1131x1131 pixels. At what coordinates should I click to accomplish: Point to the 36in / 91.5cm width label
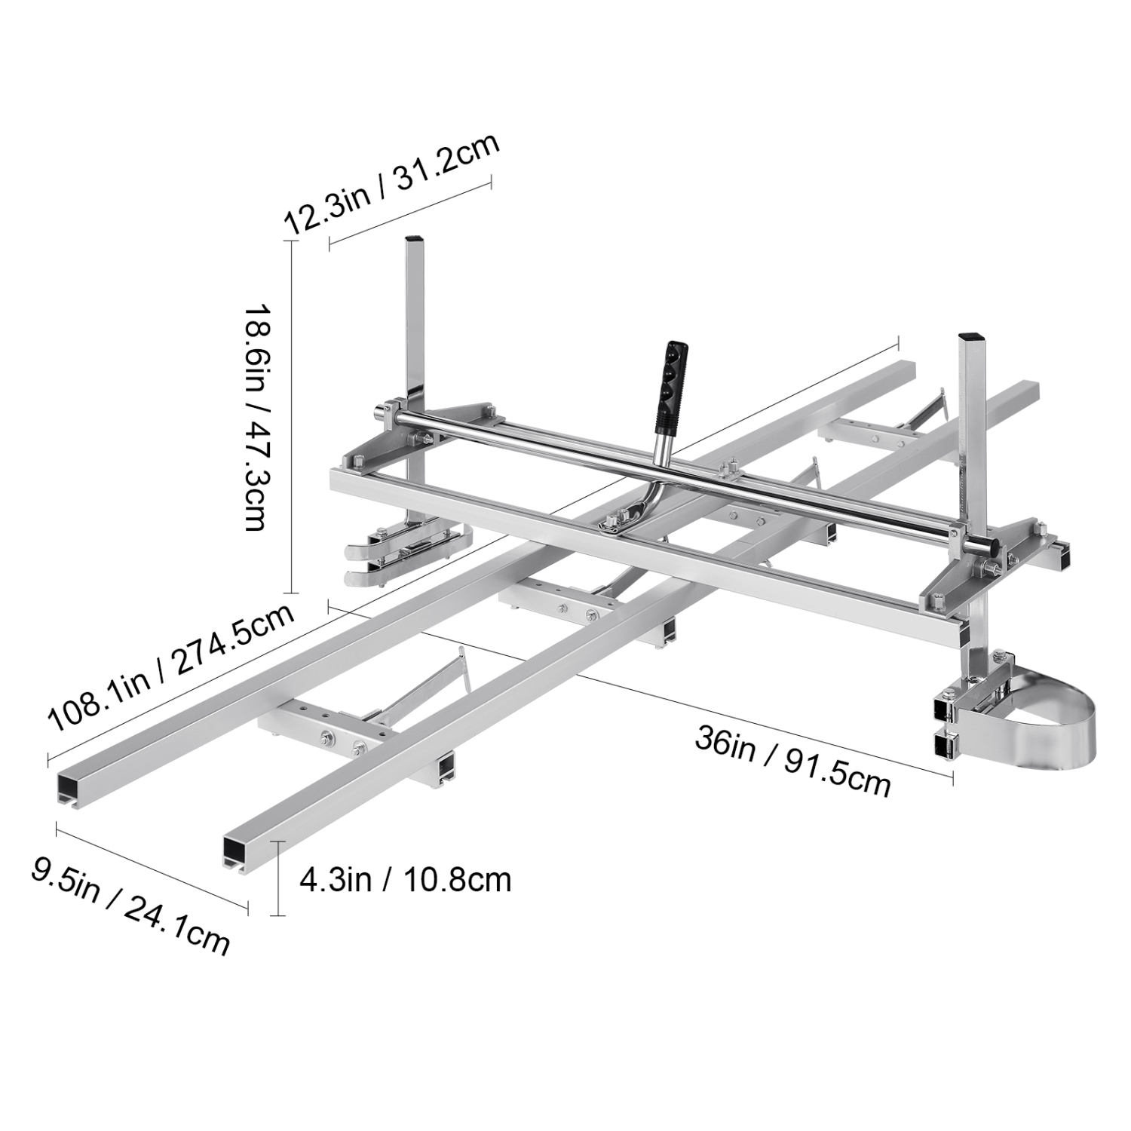pyautogui.click(x=792, y=760)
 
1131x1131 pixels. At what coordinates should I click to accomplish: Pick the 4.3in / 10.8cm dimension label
pyautogui.click(x=406, y=879)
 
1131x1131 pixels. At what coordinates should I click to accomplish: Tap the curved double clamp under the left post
pyautogui.click(x=403, y=554)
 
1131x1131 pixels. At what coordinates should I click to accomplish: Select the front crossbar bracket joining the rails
pyautogui.click(x=324, y=722)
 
